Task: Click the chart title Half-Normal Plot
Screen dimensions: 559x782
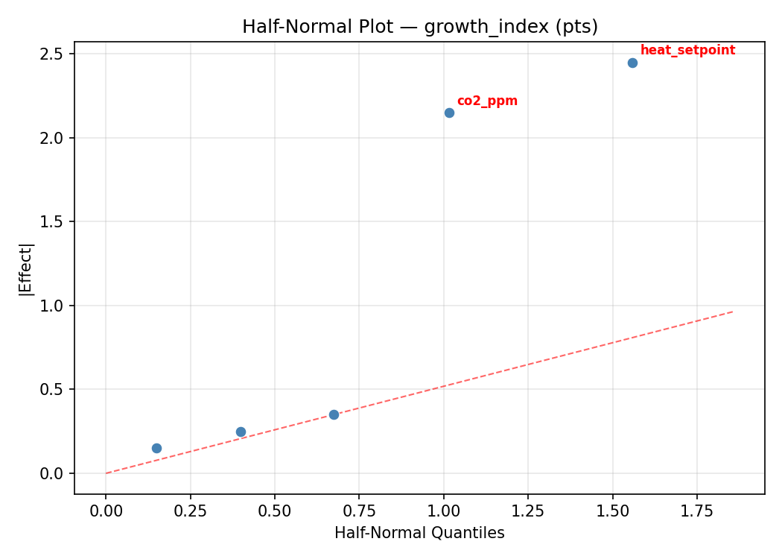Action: click(419, 27)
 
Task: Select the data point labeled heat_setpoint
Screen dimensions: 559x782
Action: click(632, 63)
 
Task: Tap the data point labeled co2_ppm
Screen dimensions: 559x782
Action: click(449, 113)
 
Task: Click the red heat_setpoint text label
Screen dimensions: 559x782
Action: click(687, 50)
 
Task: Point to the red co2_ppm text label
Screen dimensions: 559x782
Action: click(487, 101)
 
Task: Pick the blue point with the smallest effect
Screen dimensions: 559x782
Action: click(156, 448)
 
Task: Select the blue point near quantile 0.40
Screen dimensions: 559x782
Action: click(241, 432)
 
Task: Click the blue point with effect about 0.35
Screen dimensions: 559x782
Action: click(334, 414)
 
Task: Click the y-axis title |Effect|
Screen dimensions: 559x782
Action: click(26, 268)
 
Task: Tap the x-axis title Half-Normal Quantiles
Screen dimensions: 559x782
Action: click(419, 533)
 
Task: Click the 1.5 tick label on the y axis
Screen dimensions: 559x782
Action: click(53, 222)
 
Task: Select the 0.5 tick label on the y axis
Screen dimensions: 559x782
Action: click(53, 390)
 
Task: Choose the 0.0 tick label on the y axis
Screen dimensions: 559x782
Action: click(53, 473)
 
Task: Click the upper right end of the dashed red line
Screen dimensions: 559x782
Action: click(733, 312)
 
